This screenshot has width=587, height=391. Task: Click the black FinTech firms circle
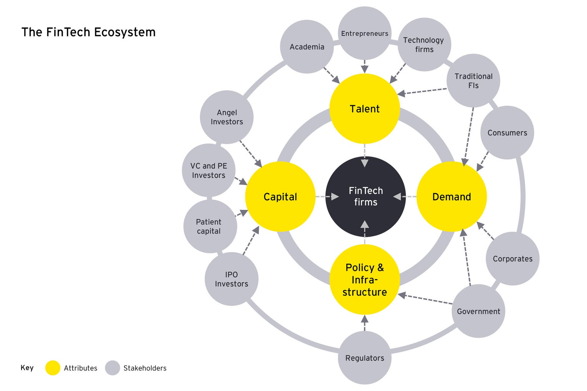(365, 197)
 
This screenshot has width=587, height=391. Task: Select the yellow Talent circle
(365, 109)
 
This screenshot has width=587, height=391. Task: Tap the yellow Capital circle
(280, 197)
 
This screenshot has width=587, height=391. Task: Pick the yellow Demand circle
(452, 197)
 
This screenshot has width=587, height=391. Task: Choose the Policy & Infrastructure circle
(365, 279)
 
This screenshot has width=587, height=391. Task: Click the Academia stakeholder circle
(307, 47)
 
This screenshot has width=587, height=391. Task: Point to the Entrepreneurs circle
(365, 33)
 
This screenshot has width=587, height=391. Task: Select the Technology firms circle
(424, 44)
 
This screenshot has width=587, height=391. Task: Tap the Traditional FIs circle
(473, 81)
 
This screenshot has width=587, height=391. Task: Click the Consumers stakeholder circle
(507, 133)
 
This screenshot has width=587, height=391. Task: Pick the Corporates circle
(513, 259)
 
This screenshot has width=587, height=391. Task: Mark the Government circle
(478, 311)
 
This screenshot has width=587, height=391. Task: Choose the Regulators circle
(365, 358)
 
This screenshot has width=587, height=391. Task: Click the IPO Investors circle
(231, 279)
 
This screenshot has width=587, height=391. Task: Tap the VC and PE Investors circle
(209, 171)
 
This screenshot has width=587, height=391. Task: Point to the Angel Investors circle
(227, 117)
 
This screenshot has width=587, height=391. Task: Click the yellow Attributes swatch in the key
(53, 368)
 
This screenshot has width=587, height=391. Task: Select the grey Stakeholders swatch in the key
(113, 368)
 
